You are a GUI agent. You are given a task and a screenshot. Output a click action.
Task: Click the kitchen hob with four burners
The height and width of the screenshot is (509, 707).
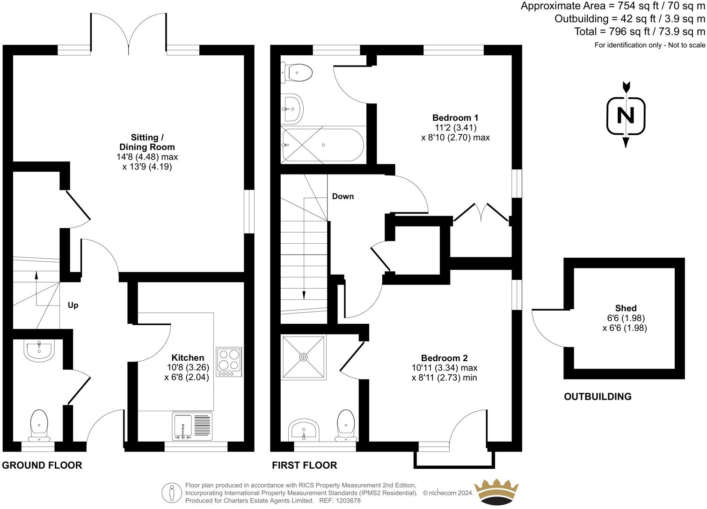coord(229,362)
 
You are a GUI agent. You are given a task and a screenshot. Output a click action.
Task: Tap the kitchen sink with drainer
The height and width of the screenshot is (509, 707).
coord(192,426)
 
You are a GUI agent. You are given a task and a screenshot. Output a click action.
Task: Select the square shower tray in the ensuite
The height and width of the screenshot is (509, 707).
coord(304,357)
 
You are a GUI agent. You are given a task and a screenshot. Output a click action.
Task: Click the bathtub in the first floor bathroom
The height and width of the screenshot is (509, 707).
coord(323,145)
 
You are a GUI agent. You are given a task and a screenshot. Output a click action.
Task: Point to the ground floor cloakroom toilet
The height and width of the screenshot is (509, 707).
coord(39,425)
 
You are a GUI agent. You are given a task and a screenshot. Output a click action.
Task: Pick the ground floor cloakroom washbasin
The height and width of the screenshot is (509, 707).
coord(39,350)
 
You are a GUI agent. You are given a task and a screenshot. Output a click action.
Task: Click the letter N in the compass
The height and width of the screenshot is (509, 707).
coord(626,116)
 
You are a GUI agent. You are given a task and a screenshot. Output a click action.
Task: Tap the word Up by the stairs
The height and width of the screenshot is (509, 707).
coord(73,305)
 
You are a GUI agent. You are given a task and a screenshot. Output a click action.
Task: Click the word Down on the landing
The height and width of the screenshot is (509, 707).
coord(343,196)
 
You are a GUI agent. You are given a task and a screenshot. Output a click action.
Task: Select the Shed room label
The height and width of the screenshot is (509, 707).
coord(626,308)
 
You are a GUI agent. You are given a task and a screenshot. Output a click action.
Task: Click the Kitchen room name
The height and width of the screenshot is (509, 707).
coord(188,357)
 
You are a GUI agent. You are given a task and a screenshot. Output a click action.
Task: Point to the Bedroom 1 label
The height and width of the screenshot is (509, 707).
coord(455,118)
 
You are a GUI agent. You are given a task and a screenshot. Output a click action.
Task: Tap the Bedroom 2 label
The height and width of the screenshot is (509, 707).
coord(444,358)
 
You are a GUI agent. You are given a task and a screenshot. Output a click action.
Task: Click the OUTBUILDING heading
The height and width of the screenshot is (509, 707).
coord(598,397)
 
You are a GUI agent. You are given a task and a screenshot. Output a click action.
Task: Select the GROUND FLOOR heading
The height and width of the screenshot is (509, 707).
coord(42,465)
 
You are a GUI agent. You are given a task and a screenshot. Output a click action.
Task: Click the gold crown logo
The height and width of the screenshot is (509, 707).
coord(496,492)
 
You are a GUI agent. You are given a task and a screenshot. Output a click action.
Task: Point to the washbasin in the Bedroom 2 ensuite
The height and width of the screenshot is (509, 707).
coord(304,429)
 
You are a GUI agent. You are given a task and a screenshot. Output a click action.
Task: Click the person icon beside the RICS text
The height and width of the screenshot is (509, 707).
coord(172,493)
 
